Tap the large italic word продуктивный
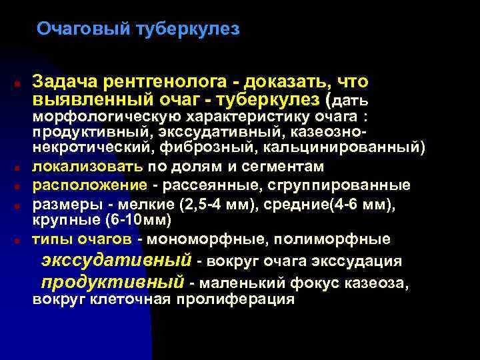(x=111, y=282)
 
